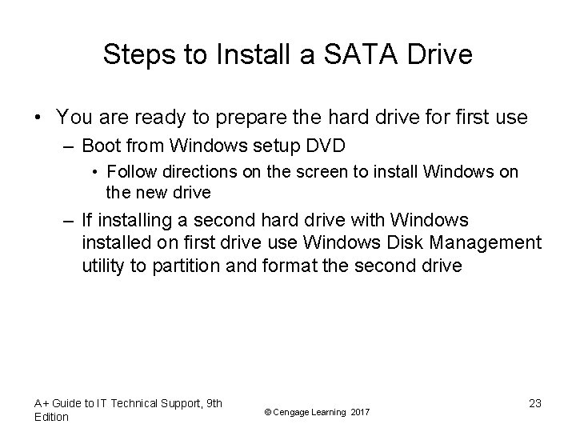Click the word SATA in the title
(353, 54)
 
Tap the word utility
(104, 266)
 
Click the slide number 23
(534, 403)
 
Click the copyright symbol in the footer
(267, 411)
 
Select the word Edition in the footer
(52, 417)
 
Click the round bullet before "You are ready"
(38, 118)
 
